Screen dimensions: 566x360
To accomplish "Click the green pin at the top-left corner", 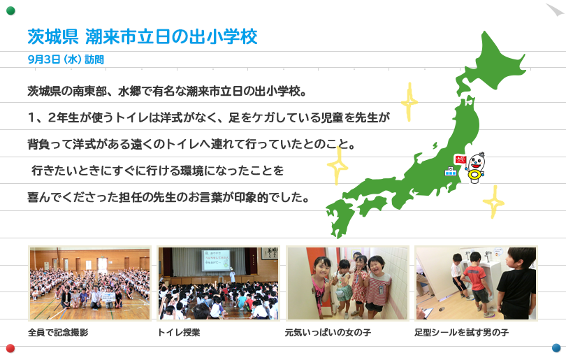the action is click(x=10, y=10).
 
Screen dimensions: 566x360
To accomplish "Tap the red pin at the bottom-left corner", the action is click(x=10, y=348).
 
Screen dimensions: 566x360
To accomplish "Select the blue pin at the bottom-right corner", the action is click(x=556, y=347).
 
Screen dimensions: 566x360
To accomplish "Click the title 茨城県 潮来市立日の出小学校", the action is click(x=143, y=37).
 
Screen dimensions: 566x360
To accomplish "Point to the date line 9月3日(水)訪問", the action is click(x=66, y=59).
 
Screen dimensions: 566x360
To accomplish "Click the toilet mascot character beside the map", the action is click(x=476, y=168).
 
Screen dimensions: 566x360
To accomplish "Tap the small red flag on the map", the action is click(x=460, y=159).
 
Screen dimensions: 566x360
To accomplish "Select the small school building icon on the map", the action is click(x=451, y=171).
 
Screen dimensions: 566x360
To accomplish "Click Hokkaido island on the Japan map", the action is click(x=491, y=62).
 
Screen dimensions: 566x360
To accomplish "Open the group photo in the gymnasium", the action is click(x=89, y=283).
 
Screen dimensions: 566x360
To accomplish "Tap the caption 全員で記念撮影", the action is click(x=58, y=332).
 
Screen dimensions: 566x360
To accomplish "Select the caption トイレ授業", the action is click(x=179, y=332).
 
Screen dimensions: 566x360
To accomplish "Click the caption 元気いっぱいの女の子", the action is click(x=328, y=332).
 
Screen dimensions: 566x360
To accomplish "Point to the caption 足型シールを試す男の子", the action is click(x=461, y=332).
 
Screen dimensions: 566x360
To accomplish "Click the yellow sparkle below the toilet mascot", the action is click(x=493, y=202).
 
